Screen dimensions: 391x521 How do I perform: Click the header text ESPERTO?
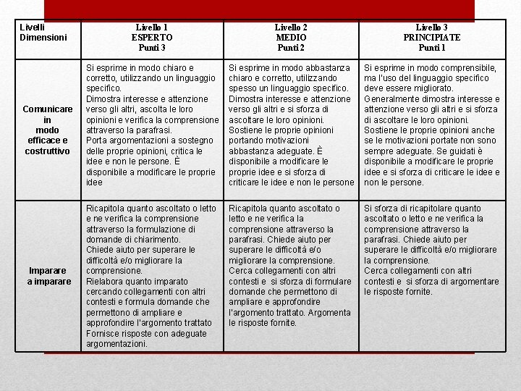(152, 38)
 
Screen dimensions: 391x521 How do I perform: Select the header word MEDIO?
(292, 38)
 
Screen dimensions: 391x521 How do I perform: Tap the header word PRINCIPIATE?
(432, 38)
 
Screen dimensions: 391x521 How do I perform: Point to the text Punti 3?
(152, 48)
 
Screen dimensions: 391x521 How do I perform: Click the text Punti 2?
(292, 48)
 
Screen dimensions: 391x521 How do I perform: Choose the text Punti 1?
(432, 48)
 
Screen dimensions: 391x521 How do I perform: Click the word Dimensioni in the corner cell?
(43, 37)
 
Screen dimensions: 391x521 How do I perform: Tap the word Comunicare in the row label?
(47, 109)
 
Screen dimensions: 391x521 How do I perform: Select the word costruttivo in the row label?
(47, 151)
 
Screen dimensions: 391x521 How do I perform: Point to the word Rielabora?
(106, 281)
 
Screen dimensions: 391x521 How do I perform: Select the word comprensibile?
(471, 68)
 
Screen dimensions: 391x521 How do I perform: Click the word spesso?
(243, 88)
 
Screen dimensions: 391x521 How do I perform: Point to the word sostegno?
(198, 140)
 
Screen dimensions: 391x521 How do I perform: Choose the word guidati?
(475, 151)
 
